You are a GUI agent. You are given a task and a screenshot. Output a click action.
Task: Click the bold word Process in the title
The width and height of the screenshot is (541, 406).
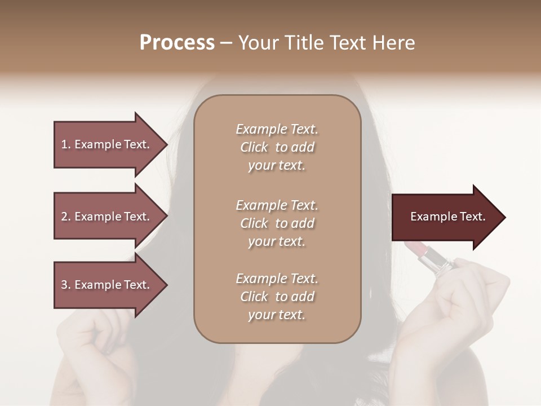pyautogui.click(x=177, y=43)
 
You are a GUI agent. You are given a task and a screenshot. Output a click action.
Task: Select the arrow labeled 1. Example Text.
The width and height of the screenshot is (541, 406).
pyautogui.click(x=107, y=144)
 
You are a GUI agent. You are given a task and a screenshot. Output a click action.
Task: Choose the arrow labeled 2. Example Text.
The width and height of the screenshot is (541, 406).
pyautogui.click(x=107, y=217)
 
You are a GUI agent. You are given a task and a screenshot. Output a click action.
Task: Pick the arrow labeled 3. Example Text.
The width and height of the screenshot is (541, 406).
pyautogui.click(x=107, y=285)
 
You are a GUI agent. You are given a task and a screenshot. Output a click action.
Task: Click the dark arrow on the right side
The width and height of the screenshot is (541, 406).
pyautogui.click(x=445, y=217)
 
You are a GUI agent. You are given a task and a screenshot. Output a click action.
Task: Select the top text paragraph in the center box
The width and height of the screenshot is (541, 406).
pyautogui.click(x=277, y=147)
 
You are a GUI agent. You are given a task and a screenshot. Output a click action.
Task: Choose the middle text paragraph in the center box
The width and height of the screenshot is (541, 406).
pyautogui.click(x=277, y=223)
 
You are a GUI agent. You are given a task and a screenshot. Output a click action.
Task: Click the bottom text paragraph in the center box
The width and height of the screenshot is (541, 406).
pyautogui.click(x=277, y=297)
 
